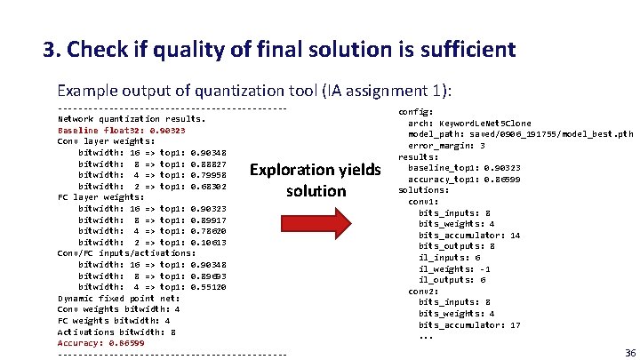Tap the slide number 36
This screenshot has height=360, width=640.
[x=629, y=352]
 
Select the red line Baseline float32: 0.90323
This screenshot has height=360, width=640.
[x=121, y=130]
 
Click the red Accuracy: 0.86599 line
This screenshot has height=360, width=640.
[x=101, y=342]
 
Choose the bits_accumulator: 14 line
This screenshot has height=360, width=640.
[x=469, y=235]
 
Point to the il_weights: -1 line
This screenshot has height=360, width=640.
[x=452, y=268]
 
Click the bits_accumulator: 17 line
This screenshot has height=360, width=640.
[x=469, y=324]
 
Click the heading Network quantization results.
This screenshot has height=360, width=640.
[x=131, y=118]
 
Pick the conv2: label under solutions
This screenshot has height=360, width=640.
[x=423, y=291]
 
